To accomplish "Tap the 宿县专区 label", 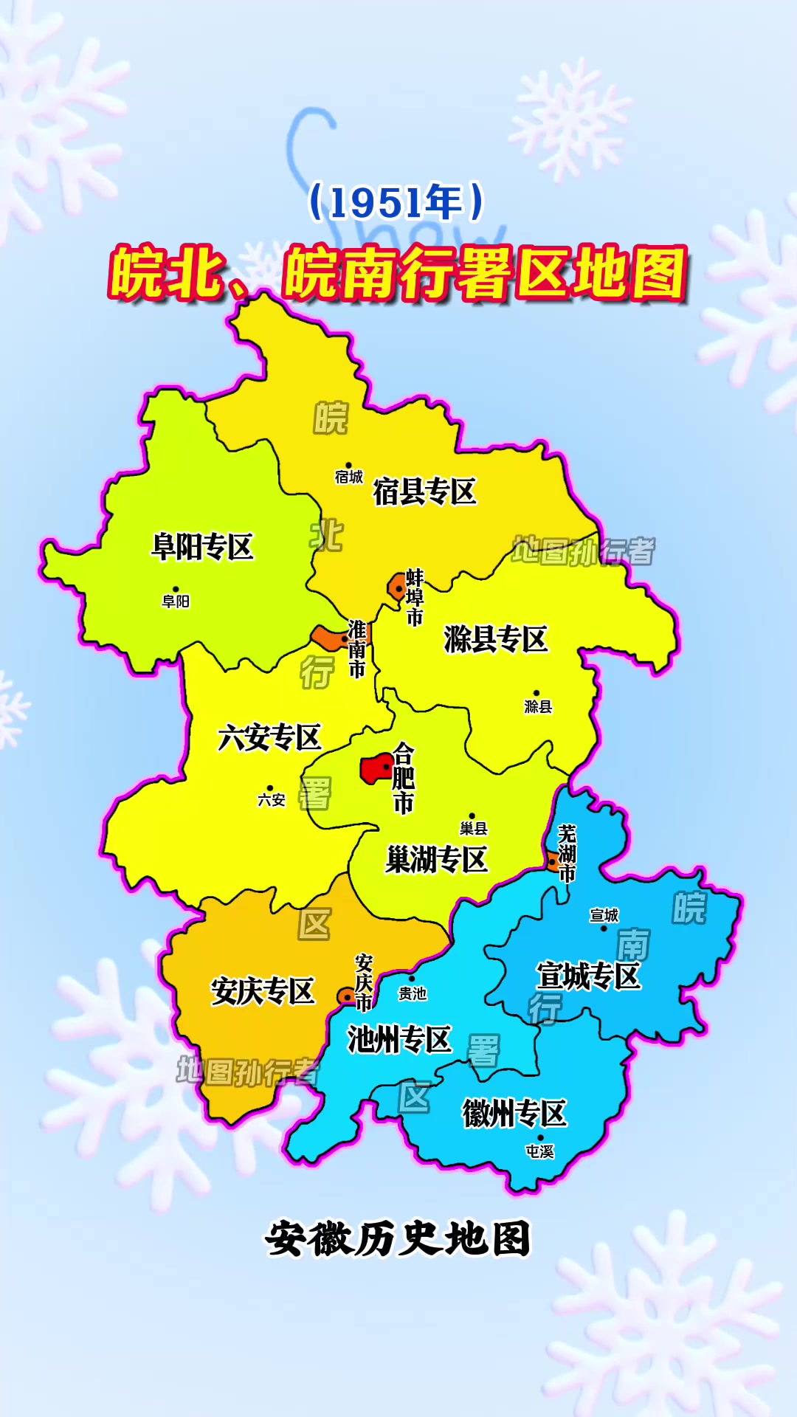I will (x=424, y=492).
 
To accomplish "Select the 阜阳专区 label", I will (x=202, y=548).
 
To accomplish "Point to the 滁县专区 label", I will (x=496, y=639).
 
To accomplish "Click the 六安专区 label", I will (x=269, y=737).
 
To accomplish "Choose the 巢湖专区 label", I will (x=437, y=860).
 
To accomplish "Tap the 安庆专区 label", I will (x=263, y=991).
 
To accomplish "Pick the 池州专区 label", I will (x=399, y=1040).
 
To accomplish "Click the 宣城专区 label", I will (x=588, y=976).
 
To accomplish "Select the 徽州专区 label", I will (x=514, y=1114).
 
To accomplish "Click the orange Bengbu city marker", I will (x=396, y=587).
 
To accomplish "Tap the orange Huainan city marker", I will (x=327, y=637).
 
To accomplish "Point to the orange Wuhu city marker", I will (x=553, y=861).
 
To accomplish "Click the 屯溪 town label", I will (x=539, y=1151).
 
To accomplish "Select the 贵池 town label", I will (x=413, y=994).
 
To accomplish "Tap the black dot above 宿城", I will (x=349, y=466).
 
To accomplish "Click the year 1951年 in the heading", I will (x=397, y=203).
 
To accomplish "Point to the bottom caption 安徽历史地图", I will (x=398, y=1238).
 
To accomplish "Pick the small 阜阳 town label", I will (x=176, y=601).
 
